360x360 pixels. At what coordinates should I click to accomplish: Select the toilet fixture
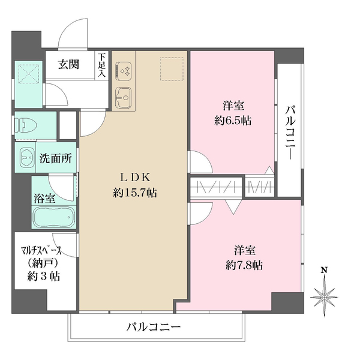click(x=25, y=126)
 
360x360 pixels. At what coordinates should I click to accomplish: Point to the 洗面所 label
click(x=56, y=159)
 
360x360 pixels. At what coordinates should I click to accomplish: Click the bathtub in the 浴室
click(x=51, y=217)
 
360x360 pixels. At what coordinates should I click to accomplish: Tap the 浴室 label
click(x=43, y=196)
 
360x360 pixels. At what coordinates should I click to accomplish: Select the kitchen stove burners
click(x=125, y=71)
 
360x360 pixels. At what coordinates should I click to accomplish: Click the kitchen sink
click(x=124, y=95)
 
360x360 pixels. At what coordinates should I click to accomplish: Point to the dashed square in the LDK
click(x=171, y=68)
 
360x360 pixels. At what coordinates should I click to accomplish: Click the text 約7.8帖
click(x=244, y=264)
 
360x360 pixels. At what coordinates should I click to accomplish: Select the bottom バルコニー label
click(x=154, y=328)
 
